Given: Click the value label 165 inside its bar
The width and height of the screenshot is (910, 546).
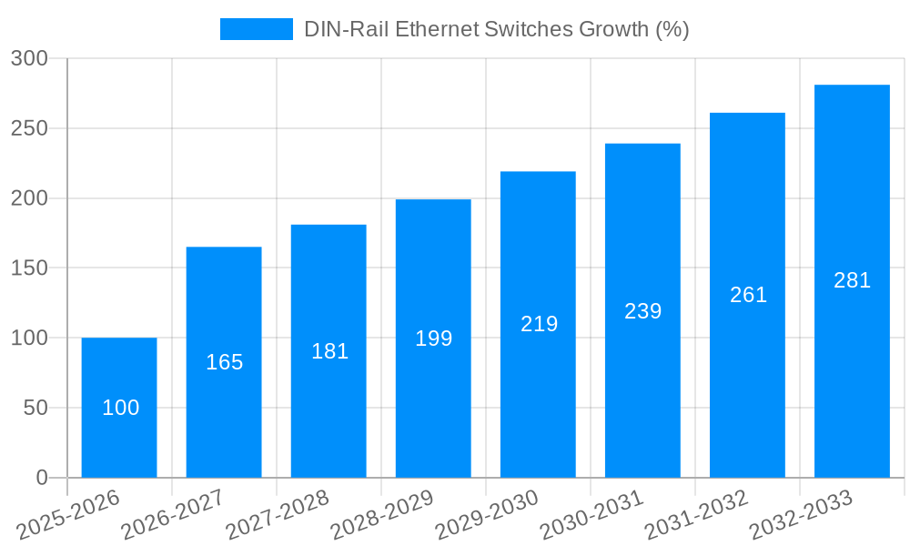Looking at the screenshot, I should point(224,362).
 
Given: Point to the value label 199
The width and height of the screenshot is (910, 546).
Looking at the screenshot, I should point(433,339).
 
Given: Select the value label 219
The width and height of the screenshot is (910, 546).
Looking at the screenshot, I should point(539,324).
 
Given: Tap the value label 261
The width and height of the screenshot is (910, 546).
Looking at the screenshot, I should point(748,295).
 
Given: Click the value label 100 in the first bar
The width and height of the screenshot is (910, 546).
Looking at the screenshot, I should point(120,408).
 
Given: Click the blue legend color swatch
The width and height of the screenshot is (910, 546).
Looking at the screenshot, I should point(256,29).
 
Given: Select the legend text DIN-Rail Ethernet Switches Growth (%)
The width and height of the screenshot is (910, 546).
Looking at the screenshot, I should point(496,29).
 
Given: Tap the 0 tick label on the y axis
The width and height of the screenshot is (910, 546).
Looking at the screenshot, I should point(41,478).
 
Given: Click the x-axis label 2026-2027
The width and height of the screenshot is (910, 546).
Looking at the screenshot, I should point(173,515).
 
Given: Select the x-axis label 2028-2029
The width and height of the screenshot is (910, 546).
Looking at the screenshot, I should point(382,515).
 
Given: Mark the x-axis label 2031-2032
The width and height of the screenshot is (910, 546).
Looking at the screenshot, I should point(696,515).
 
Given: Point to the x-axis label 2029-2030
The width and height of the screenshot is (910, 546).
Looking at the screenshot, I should point(487,515).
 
